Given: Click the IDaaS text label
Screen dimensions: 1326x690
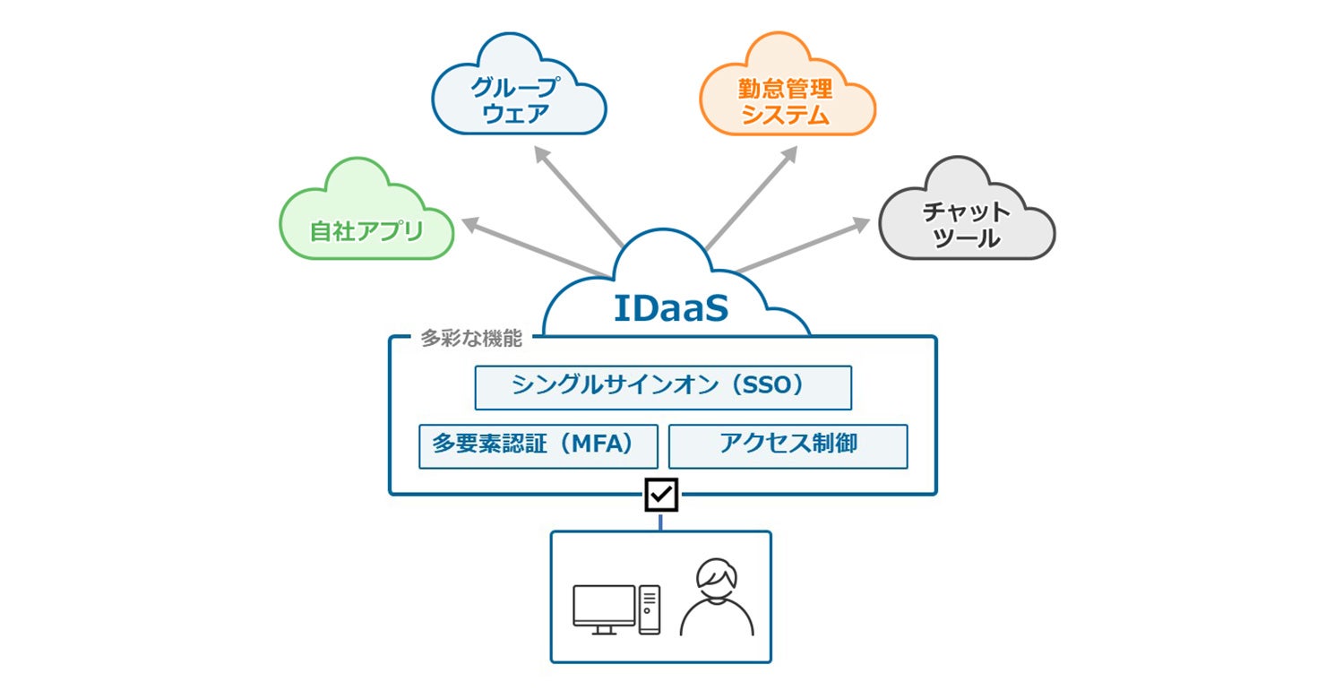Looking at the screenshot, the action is [671, 308].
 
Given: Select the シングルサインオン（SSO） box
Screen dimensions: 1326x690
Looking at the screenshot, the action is [663, 387].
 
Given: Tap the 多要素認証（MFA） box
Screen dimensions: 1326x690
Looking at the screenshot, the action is [538, 446].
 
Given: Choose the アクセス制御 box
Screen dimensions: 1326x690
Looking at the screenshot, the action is [788, 446].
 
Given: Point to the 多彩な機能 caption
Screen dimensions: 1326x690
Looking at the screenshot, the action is [471, 339].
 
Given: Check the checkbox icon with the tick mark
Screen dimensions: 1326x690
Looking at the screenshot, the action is [661, 495].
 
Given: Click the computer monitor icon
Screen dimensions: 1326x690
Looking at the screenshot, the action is [604, 609].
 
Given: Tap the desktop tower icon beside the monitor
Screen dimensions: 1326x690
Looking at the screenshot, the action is [650, 609].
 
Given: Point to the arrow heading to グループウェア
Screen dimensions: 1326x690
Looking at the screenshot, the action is [579, 196].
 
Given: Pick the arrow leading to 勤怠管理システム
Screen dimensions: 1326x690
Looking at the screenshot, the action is [752, 198].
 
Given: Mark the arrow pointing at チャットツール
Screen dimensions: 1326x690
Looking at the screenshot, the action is [804, 246].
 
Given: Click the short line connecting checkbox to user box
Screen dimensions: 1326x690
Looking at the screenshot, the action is [660, 522].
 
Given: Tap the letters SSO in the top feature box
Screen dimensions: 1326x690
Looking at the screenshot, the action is [768, 385].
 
